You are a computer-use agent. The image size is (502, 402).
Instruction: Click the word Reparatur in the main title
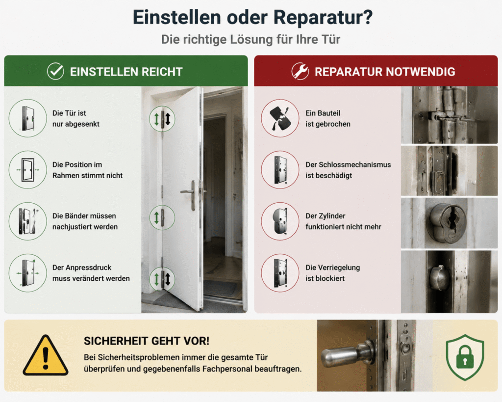pos(323,18)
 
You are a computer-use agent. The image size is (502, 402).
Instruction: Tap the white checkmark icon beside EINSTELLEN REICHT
pos(55,71)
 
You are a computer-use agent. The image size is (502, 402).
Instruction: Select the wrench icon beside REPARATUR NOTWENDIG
pos(301,71)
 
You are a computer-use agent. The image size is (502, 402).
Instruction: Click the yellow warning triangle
pos(46,355)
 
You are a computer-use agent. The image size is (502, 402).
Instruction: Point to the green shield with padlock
pos(465,357)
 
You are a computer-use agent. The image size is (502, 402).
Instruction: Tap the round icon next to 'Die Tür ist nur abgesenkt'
pos(28,118)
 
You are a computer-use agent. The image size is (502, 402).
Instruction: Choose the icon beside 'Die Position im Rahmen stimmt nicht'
pos(28,169)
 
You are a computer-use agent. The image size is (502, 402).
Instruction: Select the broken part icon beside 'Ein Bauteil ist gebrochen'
pos(280,118)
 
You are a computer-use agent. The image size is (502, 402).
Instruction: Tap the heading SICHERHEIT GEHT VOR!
pos(147,341)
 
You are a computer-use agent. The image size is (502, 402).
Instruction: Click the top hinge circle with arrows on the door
pos(162,119)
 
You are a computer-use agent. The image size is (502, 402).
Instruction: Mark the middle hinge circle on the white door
pos(162,217)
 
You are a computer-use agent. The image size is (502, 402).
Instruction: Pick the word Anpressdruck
pos(82,268)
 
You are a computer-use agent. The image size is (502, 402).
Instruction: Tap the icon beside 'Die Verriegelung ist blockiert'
pos(280,273)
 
